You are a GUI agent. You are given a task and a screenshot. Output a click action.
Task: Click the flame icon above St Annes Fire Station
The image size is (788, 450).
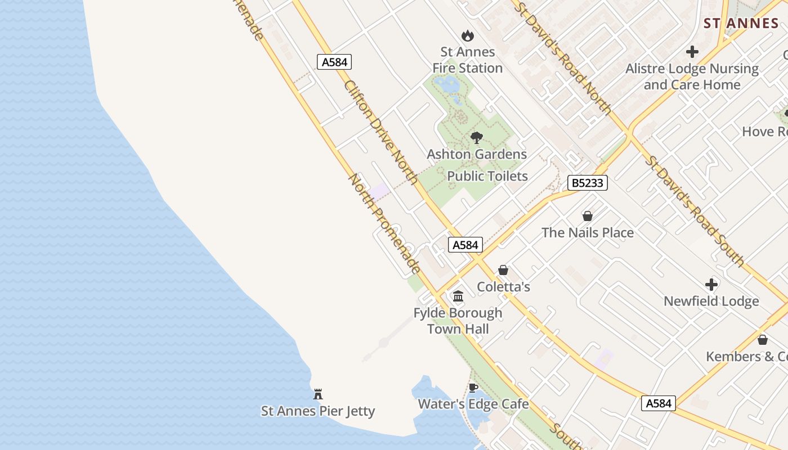(x=467, y=36)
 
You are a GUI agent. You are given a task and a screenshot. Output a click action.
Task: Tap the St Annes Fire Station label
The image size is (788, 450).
(x=467, y=60)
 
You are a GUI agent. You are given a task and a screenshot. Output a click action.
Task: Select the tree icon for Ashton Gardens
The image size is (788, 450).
(x=477, y=137)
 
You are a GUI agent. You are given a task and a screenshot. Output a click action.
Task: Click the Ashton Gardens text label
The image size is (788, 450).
(x=477, y=154)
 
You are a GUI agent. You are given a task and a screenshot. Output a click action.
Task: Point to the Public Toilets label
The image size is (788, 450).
(x=487, y=176)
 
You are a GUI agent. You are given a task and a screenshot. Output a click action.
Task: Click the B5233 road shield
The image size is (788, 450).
(x=587, y=183)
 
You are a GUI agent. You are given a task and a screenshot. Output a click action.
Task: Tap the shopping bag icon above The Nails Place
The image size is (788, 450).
(x=588, y=216)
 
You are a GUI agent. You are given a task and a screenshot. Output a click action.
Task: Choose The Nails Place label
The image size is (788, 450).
(x=588, y=232)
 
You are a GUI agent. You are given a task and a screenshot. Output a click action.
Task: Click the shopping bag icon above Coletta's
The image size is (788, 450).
(x=503, y=271)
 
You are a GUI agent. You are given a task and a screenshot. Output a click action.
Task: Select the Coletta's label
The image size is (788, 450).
(x=503, y=287)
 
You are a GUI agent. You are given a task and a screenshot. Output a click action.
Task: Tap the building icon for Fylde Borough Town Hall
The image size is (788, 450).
(x=458, y=296)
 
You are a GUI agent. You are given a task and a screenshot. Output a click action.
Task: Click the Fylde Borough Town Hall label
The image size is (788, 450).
(x=458, y=321)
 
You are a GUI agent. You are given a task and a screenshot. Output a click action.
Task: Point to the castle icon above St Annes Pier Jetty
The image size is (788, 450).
(x=318, y=394)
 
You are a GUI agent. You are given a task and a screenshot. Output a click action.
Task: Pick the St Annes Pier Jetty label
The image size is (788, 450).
(x=318, y=411)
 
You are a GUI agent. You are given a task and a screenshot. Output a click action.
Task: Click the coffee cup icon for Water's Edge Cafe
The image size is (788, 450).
(x=473, y=388)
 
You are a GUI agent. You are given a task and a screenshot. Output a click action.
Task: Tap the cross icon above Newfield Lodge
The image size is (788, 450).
(x=711, y=285)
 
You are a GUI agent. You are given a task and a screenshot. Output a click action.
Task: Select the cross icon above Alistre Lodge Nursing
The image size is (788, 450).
(x=692, y=52)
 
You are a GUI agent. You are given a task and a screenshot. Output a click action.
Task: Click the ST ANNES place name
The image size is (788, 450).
(x=741, y=23)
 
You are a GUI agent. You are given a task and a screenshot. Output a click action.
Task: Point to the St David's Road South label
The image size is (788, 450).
(x=695, y=210)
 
